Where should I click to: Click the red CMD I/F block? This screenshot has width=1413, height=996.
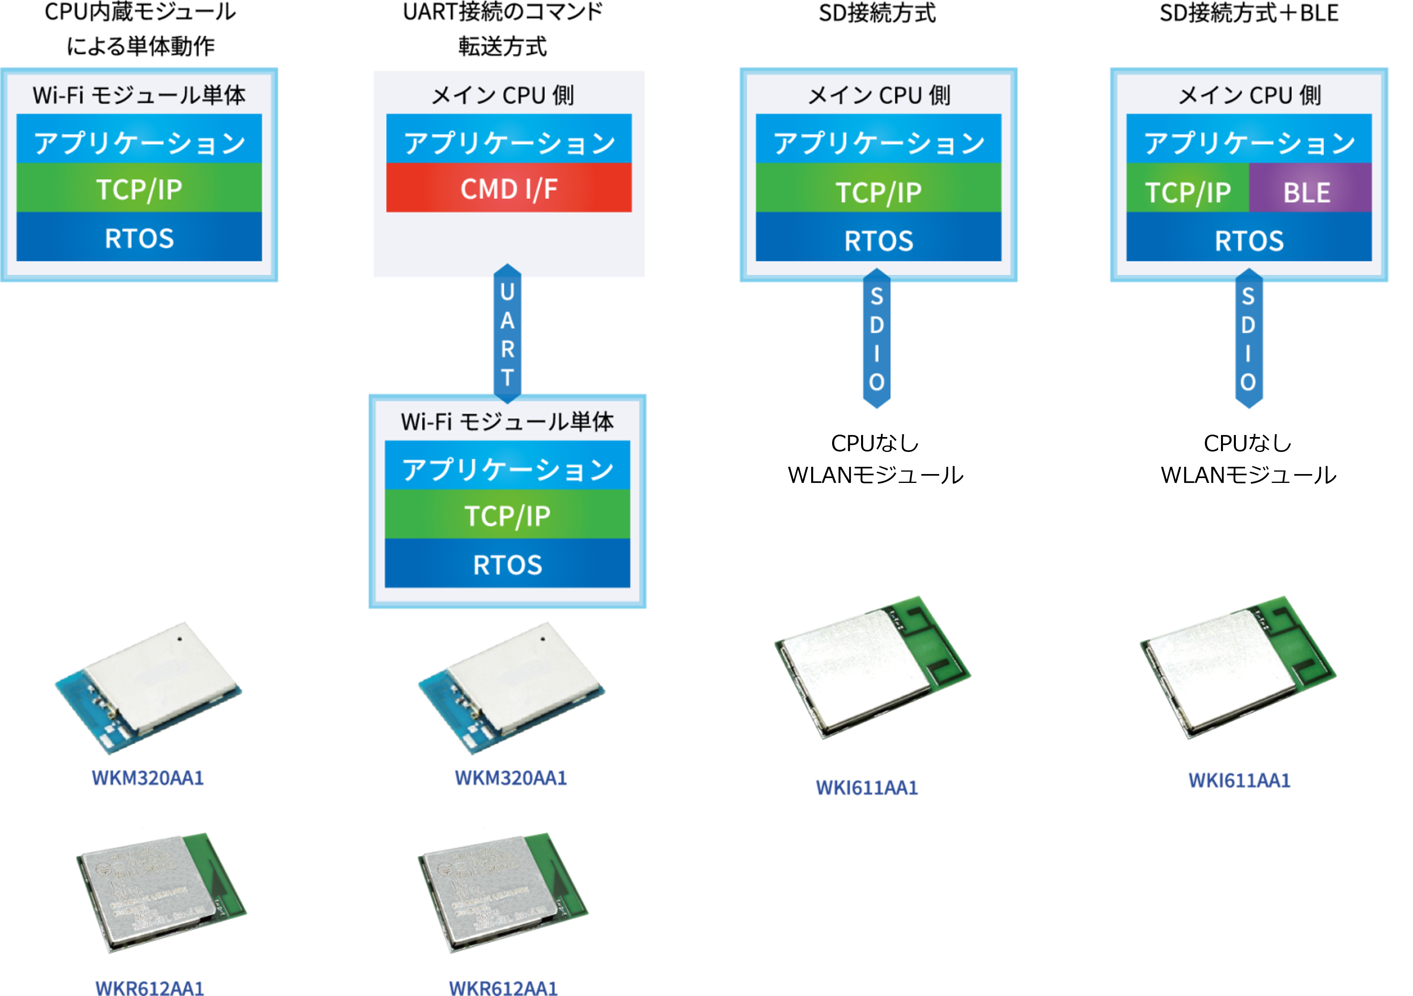[x=509, y=188]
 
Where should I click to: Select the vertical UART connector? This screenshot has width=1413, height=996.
[x=507, y=334]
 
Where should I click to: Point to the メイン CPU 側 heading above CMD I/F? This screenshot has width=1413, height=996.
[x=503, y=95]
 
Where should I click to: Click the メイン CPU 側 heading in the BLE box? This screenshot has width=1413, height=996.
[x=1249, y=95]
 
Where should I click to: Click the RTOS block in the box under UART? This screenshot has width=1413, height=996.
[x=507, y=564]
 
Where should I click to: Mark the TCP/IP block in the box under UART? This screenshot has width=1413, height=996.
[x=507, y=515]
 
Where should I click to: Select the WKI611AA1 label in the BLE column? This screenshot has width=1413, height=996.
[x=1239, y=780]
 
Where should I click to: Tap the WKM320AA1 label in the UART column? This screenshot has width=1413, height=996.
[x=510, y=777]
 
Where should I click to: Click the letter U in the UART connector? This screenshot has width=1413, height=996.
[x=507, y=292]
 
